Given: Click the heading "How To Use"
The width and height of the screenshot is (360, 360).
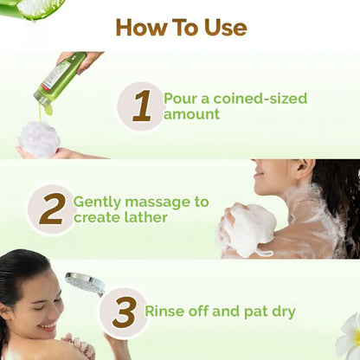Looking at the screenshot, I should [180, 27].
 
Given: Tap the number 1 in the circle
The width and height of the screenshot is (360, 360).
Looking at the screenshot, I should [141, 106].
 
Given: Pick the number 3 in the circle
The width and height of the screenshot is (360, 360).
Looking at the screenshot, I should [124, 312].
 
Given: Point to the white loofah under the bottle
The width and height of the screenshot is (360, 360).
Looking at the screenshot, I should [38, 138].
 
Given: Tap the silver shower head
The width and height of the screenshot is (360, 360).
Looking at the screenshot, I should [85, 282].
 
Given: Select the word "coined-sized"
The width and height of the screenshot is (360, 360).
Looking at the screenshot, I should [257, 99].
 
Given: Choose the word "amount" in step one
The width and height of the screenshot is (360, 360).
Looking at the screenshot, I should [191, 114].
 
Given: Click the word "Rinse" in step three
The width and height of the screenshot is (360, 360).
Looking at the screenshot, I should [166, 312].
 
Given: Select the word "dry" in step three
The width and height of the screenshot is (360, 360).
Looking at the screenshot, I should [281, 312].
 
